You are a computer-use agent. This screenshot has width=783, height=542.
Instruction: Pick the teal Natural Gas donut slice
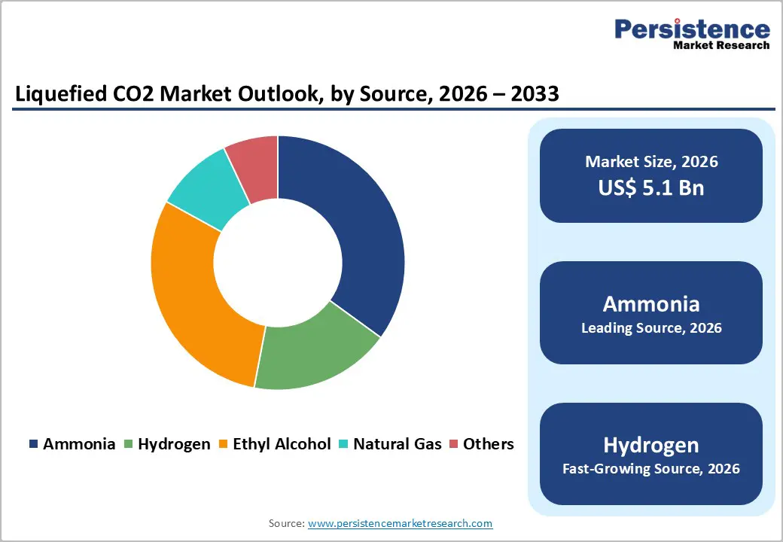point(203,188)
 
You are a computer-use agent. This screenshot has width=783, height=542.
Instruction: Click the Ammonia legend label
point(79,444)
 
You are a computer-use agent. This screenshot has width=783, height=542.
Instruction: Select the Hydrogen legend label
point(174,444)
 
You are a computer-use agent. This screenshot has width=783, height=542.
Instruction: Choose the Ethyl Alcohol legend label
point(282,444)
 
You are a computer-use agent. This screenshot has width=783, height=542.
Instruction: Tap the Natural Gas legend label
point(398,444)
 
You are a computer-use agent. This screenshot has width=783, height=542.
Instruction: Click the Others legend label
point(488,444)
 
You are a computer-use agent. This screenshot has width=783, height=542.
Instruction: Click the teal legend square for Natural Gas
point(344,445)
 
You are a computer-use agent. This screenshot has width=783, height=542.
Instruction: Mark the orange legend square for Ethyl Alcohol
point(224,445)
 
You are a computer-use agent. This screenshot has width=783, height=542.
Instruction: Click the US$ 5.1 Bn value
point(651,187)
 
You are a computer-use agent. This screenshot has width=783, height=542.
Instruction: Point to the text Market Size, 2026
point(651,162)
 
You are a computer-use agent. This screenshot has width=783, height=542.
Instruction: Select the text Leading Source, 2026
point(651,328)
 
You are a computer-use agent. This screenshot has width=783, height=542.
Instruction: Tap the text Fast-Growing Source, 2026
point(651,469)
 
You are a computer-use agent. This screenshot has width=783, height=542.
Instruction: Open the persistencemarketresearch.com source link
point(400,523)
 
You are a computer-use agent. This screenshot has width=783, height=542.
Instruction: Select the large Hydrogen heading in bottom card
point(651,444)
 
